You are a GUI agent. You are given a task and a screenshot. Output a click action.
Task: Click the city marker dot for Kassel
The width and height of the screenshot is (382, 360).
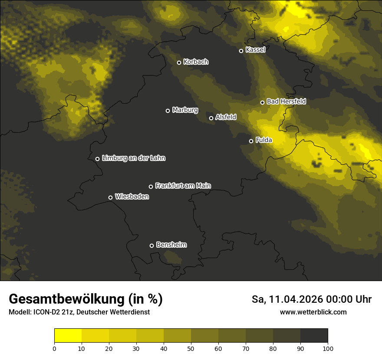tap(241, 51)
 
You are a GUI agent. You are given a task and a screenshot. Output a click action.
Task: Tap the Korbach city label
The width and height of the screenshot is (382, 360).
tap(196, 62)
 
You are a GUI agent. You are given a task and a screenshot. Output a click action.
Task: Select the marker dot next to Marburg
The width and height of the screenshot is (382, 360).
tap(168, 111)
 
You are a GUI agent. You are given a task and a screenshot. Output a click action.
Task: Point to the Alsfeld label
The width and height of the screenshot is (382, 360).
tap(226, 117)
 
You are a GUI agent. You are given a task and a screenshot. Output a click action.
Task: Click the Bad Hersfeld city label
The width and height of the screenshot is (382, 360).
tap(286, 101)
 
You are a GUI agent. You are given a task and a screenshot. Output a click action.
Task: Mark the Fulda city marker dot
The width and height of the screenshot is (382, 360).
tap(251, 141)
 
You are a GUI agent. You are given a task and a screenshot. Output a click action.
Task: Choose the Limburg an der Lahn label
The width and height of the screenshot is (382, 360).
tap(134, 158)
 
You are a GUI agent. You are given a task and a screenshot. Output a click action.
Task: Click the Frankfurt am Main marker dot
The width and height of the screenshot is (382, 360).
tap(151, 187)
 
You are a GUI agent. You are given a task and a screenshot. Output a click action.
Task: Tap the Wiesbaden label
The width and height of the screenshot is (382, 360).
tap(132, 197)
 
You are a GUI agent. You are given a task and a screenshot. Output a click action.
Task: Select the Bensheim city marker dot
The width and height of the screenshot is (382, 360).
tap(151, 245)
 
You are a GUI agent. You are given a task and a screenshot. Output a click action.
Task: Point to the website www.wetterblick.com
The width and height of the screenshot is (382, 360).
tap(313, 312)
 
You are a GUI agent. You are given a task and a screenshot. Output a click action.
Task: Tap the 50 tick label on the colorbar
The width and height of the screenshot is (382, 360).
tap(191, 348)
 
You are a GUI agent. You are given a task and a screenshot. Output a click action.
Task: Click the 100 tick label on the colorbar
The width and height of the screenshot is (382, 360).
tap(328, 348)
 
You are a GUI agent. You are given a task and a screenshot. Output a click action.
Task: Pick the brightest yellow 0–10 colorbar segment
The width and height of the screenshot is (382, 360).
tap(68, 336)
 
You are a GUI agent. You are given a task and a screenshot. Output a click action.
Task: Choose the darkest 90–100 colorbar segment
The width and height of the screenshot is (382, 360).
tap(314, 336)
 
